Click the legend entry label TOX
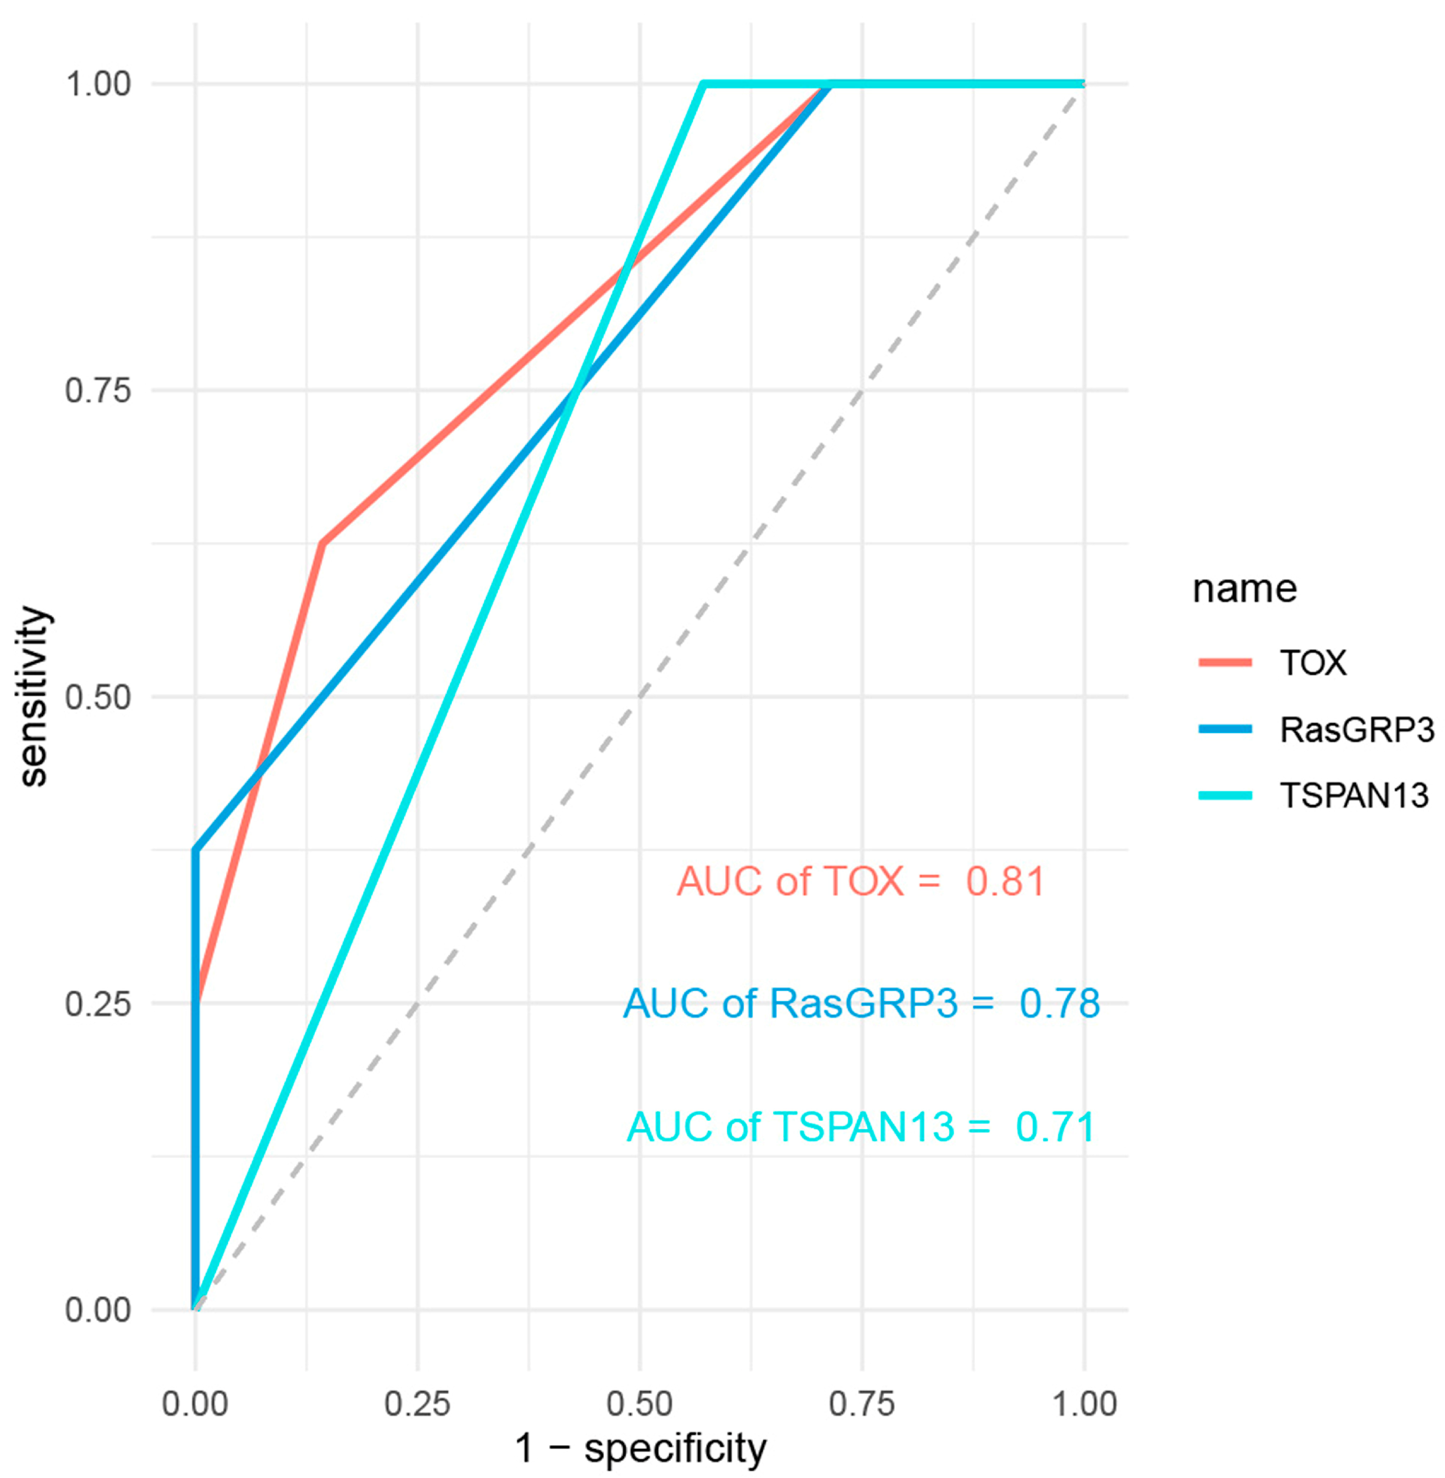(1313, 663)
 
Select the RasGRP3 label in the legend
(1357, 730)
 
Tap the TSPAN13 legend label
(1354, 796)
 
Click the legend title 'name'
(1245, 589)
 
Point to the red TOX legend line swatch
(1225, 663)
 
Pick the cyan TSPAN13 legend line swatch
(1225, 796)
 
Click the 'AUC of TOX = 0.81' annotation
(861, 882)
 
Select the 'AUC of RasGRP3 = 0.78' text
(861, 1004)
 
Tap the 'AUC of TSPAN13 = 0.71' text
(861, 1127)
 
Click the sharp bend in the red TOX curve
(323, 543)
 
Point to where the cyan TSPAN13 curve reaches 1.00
(703, 84)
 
